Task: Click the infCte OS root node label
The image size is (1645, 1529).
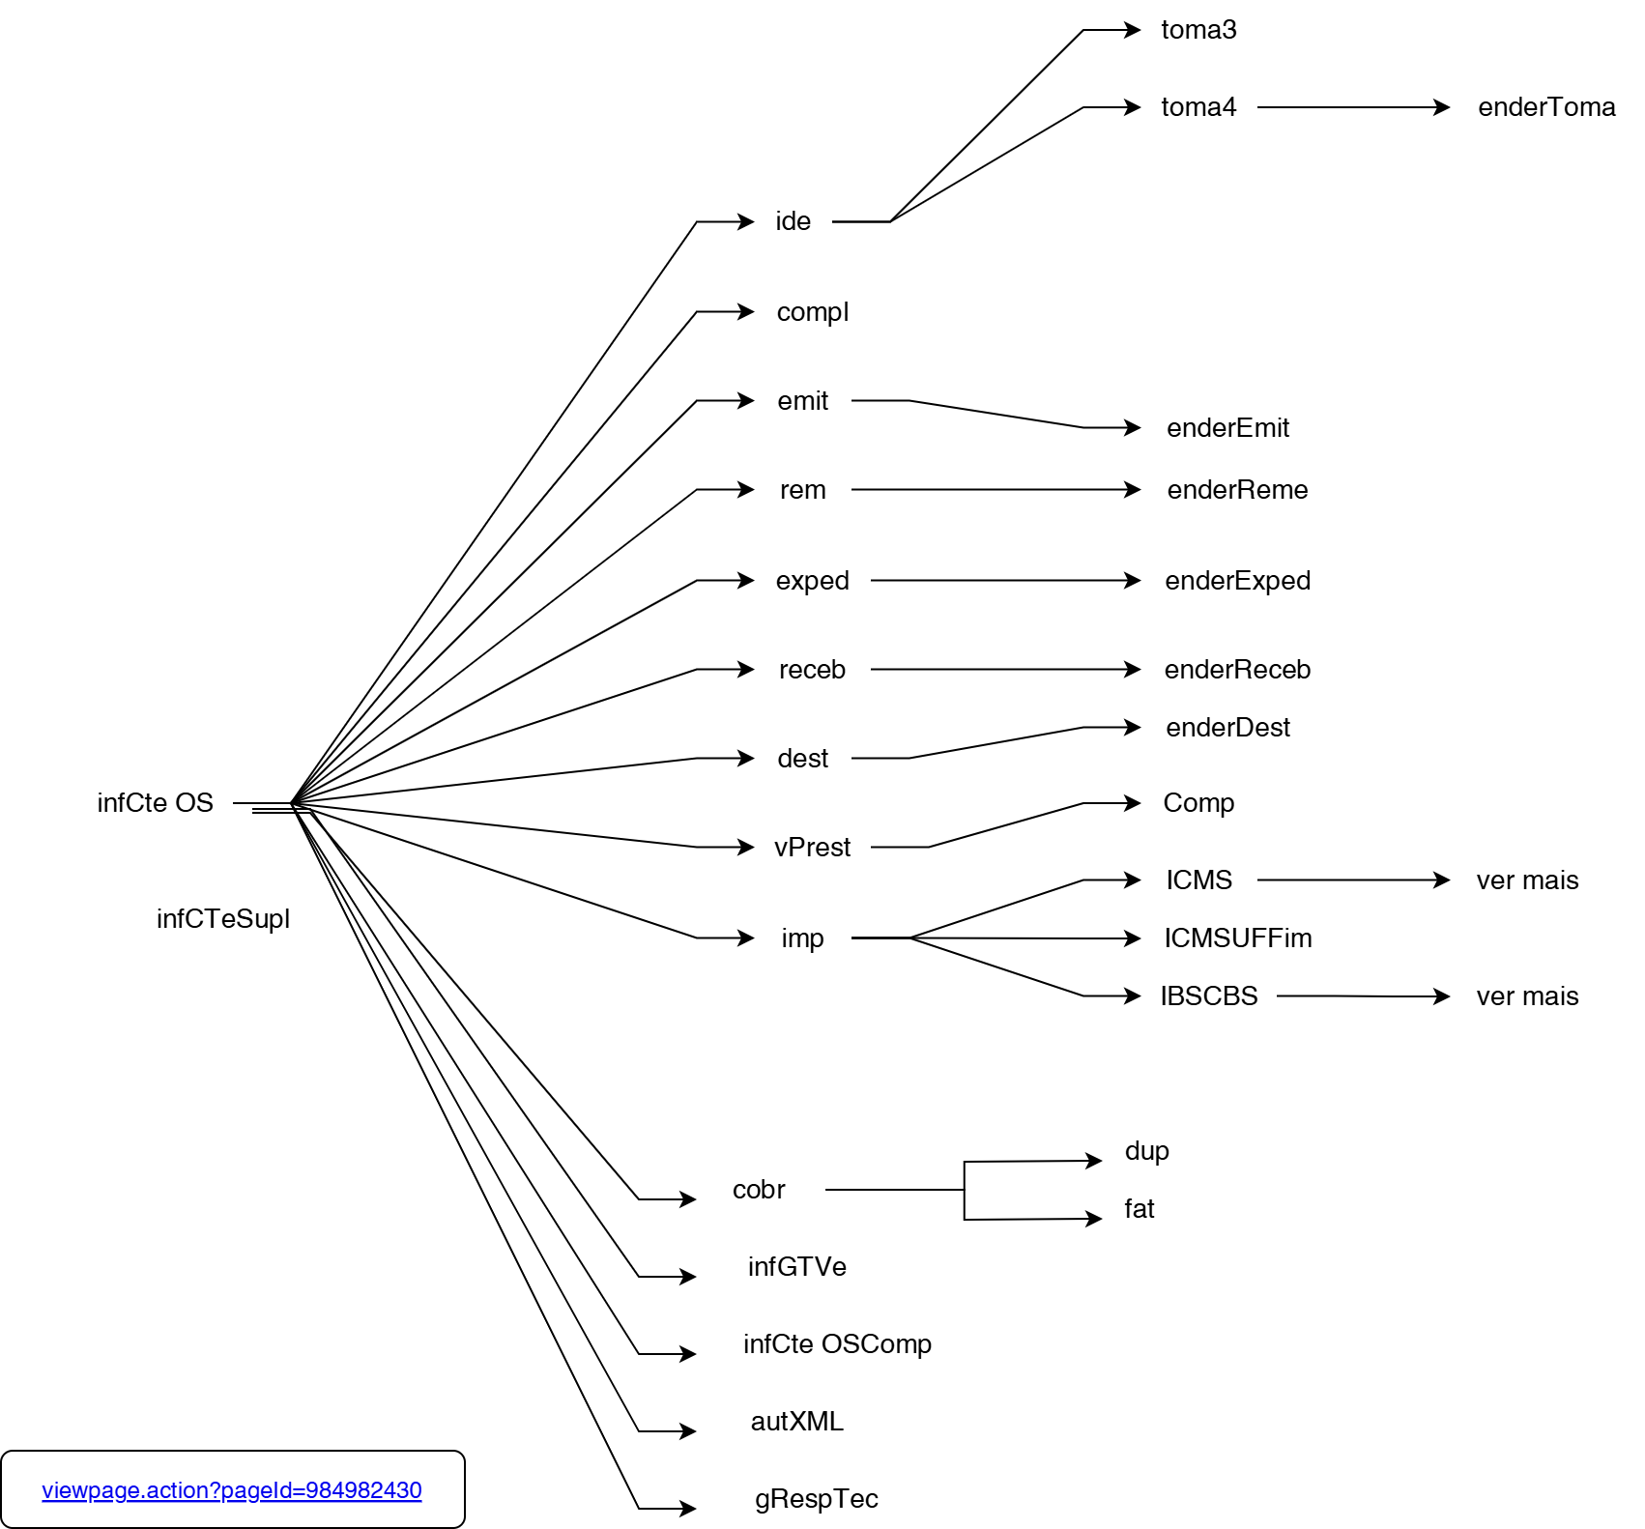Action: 155,803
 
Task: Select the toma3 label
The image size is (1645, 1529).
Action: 1198,30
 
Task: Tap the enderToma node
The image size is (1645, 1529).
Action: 1546,107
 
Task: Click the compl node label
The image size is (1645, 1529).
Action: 812,312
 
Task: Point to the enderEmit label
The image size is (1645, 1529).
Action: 1227,428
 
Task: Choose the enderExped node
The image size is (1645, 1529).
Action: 1237,581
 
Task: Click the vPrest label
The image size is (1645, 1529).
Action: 812,848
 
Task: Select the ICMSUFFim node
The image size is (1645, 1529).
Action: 1237,938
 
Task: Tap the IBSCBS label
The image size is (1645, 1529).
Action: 1208,996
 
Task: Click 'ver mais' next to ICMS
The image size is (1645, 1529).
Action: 1527,880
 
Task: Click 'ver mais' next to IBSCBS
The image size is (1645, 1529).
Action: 1527,996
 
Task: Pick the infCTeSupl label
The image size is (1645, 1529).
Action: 223,919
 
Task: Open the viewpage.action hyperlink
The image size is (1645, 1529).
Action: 232,1490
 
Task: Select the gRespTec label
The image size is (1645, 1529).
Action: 816,1499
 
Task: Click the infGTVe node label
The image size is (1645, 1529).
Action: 796,1267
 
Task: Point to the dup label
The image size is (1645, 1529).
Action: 1146,1151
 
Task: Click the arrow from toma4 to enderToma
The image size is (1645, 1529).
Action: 1353,107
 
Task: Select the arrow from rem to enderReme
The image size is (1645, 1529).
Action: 996,490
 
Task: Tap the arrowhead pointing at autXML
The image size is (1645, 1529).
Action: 688,1431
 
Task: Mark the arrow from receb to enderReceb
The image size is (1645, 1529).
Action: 1005,670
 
